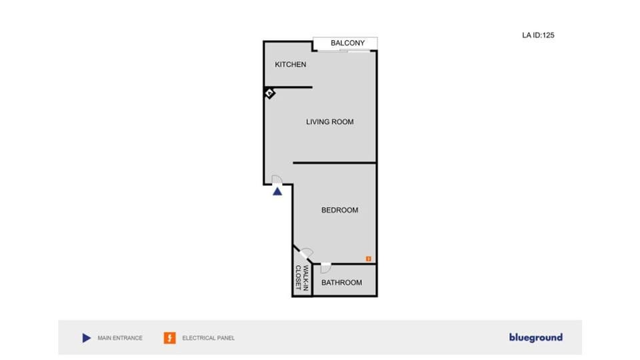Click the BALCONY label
pyautogui.click(x=347, y=43)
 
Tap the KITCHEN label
pyautogui.click(x=291, y=65)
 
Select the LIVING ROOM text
pyautogui.click(x=329, y=122)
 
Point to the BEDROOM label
pyautogui.click(x=339, y=210)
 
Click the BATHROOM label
pyautogui.click(x=341, y=283)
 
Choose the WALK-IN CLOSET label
pyautogui.click(x=302, y=280)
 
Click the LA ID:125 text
pyautogui.click(x=538, y=35)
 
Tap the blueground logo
pyautogui.click(x=535, y=337)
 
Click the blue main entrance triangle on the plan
pyautogui.click(x=277, y=191)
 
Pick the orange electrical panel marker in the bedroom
pyautogui.click(x=367, y=257)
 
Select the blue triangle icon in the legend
pyautogui.click(x=86, y=338)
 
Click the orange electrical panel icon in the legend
pyautogui.click(x=169, y=338)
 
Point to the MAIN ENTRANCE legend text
pyautogui.click(x=120, y=338)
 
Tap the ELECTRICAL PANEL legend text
pyautogui.click(x=208, y=338)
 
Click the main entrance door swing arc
pyautogui.click(x=278, y=179)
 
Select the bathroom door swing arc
pyautogui.click(x=325, y=268)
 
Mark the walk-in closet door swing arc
pyautogui.click(x=307, y=253)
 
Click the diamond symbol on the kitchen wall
pyautogui.click(x=269, y=93)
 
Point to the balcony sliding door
pyautogui.click(x=354, y=51)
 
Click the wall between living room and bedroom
pyautogui.click(x=335, y=163)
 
